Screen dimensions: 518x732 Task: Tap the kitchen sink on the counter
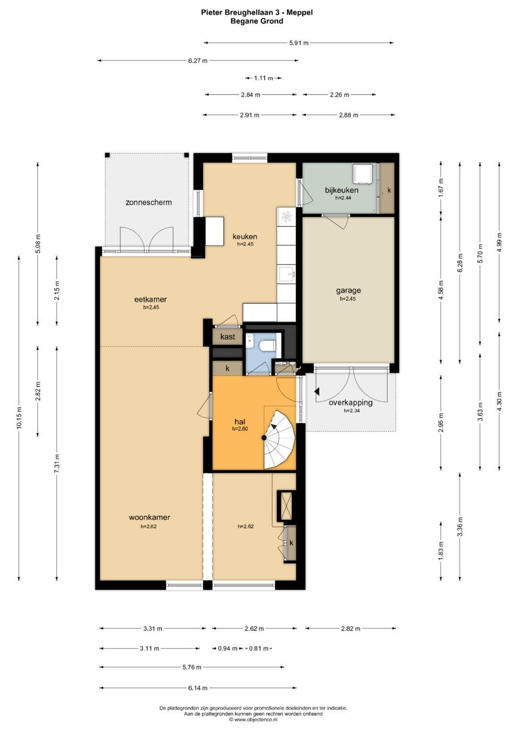point(287,274)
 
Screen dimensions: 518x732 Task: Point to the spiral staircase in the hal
point(280,439)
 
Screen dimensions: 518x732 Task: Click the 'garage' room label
point(348,290)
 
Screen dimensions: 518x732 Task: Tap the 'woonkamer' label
point(149,517)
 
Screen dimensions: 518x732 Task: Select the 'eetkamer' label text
point(151,299)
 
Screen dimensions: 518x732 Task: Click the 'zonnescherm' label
point(149,202)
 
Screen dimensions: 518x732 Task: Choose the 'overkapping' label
point(351,402)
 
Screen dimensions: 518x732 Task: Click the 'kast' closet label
point(228,337)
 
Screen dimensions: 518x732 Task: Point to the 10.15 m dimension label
point(19,418)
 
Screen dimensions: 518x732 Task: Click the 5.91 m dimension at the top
point(298,43)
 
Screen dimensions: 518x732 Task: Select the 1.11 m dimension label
point(264,78)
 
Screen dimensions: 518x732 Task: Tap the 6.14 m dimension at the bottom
point(198,688)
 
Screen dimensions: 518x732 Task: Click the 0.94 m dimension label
point(227,648)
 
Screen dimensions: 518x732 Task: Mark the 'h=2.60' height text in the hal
point(240,429)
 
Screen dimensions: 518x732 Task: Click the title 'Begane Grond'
point(257,21)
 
